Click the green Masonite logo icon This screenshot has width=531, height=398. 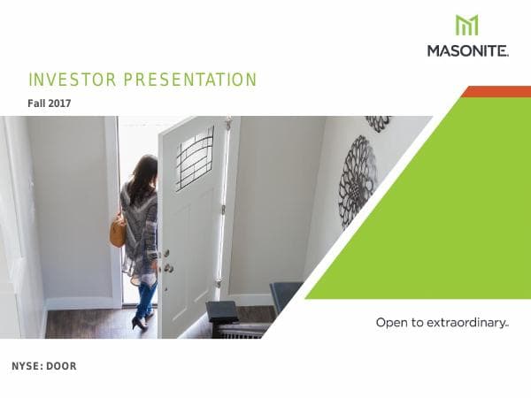tap(466, 26)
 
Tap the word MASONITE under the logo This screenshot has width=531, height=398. tap(467, 51)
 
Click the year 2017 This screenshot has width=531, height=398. tap(60, 103)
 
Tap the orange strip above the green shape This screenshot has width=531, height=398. tap(496, 91)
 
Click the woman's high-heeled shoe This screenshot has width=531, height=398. tap(139, 322)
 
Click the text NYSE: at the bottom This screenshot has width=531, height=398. tap(26, 366)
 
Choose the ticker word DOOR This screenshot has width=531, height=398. tap(61, 366)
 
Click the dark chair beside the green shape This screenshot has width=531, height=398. tap(285, 297)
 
